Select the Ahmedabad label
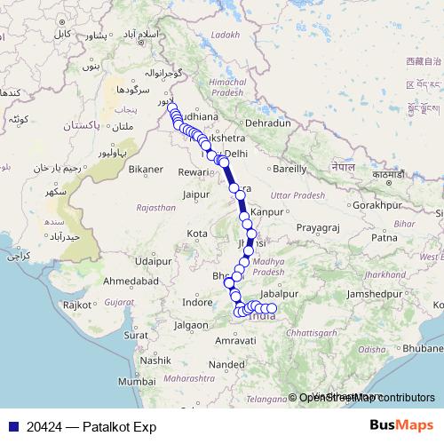coord(131,281)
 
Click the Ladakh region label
coord(226,35)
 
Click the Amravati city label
coord(236,340)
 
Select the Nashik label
coord(154,360)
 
